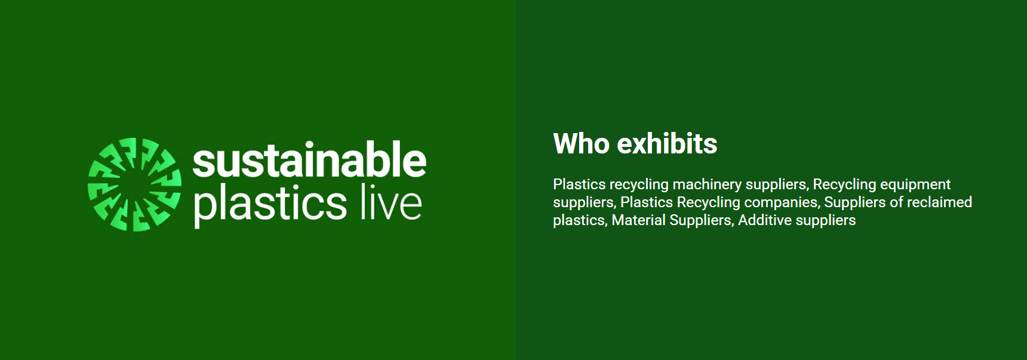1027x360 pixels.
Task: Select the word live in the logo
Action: pyautogui.click(x=391, y=202)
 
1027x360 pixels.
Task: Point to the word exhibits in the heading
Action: pyautogui.click(x=667, y=144)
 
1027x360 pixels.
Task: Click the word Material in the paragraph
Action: pyautogui.click(x=638, y=220)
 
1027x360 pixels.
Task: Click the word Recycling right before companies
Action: pyautogui.click(x=708, y=202)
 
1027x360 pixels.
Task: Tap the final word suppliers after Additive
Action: pyautogui.click(x=826, y=220)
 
